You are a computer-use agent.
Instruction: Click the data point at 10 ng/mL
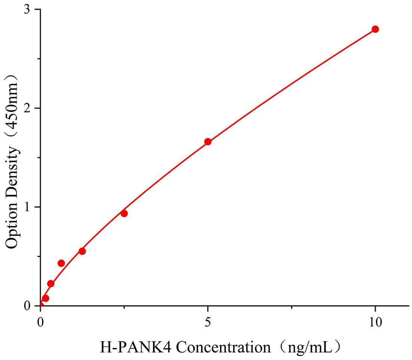pyautogui.click(x=375, y=29)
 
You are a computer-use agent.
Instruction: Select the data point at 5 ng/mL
pyautogui.click(x=208, y=142)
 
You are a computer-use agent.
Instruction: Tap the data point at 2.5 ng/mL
pyautogui.click(x=124, y=213)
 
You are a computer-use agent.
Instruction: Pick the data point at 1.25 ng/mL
pyautogui.click(x=82, y=251)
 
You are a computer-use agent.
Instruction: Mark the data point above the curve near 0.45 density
pyautogui.click(x=61, y=263)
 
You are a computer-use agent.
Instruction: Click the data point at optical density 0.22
pyautogui.click(x=51, y=284)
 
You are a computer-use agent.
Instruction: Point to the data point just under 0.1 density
pyautogui.click(x=46, y=298)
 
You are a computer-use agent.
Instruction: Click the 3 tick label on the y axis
pyautogui.click(x=27, y=10)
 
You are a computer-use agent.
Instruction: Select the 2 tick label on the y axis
pyautogui.click(x=27, y=109)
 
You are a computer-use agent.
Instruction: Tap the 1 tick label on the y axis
pyautogui.click(x=27, y=207)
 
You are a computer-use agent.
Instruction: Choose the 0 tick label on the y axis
pyautogui.click(x=27, y=306)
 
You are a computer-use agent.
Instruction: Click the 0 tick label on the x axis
pyautogui.click(x=40, y=322)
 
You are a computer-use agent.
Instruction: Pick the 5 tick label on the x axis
pyautogui.click(x=208, y=322)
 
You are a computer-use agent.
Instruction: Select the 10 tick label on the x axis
pyautogui.click(x=375, y=322)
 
